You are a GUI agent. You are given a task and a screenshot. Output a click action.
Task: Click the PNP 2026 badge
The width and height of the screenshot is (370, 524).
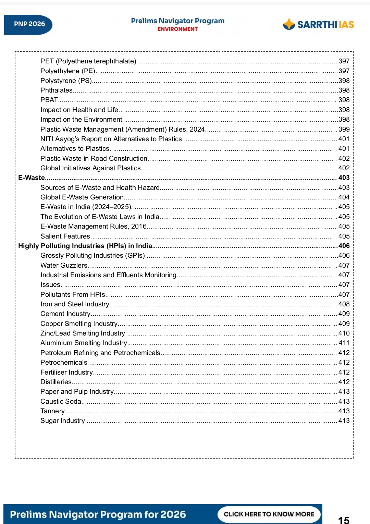(29, 24)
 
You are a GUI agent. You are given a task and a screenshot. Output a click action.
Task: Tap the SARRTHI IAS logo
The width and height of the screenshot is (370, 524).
(318, 24)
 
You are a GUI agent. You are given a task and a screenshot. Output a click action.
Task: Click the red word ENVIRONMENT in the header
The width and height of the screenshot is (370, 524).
(177, 29)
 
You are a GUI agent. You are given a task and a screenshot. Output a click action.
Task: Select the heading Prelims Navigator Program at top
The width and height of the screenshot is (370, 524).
(177, 21)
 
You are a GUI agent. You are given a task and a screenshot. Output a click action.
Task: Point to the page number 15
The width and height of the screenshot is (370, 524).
(343, 520)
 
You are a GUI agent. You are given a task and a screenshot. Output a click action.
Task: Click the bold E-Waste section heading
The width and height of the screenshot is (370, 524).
(32, 178)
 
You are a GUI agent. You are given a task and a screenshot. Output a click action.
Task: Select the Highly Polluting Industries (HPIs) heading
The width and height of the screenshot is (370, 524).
(85, 246)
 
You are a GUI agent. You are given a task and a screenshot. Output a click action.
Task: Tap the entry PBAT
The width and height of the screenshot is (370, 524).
(49, 100)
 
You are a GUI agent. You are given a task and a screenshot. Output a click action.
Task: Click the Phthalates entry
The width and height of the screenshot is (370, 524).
(57, 90)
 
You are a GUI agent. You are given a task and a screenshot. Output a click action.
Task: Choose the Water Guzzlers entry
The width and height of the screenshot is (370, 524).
(64, 265)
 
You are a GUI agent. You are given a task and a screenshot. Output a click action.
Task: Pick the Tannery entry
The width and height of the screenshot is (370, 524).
(52, 411)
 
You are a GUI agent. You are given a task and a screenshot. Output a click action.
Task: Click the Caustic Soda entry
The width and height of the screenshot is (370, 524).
(61, 401)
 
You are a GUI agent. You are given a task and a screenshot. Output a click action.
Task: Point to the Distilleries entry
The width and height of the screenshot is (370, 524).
(56, 382)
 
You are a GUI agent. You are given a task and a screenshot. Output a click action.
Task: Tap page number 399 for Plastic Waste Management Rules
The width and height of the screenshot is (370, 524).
(344, 129)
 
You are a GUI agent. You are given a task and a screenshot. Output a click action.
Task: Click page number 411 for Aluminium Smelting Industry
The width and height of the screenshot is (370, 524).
(344, 343)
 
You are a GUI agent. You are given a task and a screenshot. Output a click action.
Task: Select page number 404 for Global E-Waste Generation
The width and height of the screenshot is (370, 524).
(344, 197)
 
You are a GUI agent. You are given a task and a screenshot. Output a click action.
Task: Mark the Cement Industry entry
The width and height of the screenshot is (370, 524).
(65, 314)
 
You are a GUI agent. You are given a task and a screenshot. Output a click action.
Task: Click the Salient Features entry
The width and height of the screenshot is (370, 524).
(65, 236)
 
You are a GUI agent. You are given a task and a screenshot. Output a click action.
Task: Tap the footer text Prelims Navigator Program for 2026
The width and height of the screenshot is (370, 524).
(98, 514)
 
